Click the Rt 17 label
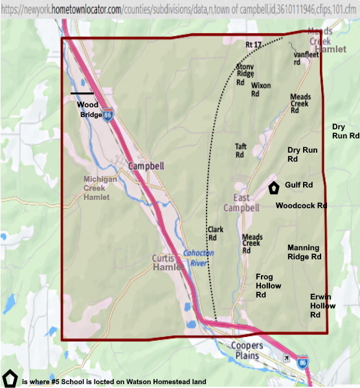[253, 45]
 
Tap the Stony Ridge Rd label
[245, 74]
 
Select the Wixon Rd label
[260, 89]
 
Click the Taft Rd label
[240, 151]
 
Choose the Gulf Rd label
[298, 185]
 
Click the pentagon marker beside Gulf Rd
[274, 188]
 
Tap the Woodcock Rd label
[301, 206]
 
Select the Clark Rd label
[216, 233]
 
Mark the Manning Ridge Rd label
[304, 252]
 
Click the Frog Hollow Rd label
[269, 285]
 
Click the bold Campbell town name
[146, 166]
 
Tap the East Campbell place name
[242, 202]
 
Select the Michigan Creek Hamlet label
[100, 188]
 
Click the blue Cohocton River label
[196, 258]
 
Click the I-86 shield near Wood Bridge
[107, 114]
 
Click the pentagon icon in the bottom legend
[10, 377]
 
